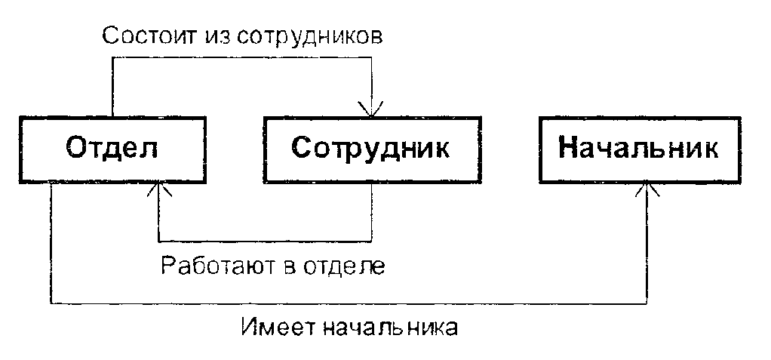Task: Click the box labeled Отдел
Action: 113,149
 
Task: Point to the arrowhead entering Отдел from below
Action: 158,188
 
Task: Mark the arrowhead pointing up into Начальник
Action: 646,188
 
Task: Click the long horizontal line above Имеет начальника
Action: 347,303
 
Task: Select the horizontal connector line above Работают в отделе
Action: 264,240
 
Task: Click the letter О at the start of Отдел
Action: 78,149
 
